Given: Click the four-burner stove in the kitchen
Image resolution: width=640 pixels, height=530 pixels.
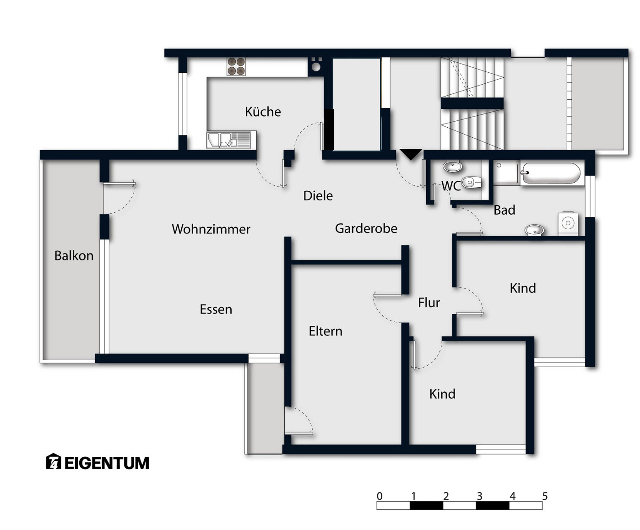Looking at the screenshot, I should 236,66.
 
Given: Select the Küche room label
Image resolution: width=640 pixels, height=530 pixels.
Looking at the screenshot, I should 263,112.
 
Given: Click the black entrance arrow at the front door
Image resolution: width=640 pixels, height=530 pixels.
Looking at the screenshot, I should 411,154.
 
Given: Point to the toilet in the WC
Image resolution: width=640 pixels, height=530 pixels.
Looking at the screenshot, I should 472,183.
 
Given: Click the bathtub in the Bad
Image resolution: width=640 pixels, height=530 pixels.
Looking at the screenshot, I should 552,173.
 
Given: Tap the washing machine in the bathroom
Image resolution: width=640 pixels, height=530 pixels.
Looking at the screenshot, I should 568,223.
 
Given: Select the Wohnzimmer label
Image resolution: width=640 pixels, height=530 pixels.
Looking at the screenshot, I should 211,229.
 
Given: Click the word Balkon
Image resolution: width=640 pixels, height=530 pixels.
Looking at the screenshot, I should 74,255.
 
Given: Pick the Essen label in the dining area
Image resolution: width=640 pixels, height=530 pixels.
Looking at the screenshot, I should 216,309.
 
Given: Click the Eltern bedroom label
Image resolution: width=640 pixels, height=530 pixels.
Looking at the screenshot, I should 325,331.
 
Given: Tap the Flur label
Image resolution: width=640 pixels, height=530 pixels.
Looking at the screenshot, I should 429,303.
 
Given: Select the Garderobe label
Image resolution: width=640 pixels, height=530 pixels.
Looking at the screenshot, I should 366,228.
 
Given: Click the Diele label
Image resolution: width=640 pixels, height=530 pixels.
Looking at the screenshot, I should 318,195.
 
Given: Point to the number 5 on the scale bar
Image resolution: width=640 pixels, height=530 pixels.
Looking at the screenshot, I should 545,496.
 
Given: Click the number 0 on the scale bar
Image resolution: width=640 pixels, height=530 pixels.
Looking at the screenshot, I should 380,496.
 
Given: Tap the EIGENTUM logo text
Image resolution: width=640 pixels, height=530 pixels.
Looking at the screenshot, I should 107,463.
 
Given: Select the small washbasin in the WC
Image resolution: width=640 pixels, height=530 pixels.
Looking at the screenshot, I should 453,167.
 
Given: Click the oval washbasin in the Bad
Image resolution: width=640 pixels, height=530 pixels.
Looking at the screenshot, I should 534,229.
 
